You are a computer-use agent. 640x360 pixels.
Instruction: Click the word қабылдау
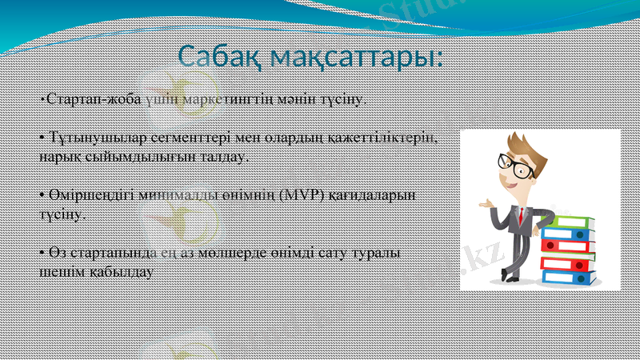pos(115,271)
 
